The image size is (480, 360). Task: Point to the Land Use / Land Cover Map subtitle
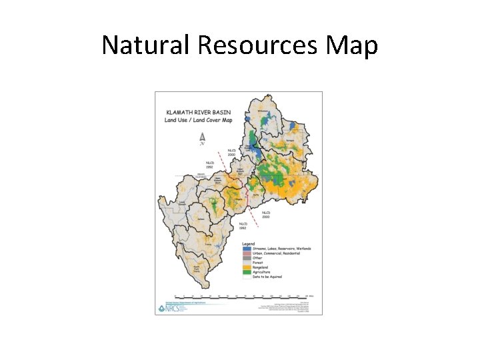pyautogui.click(x=195, y=121)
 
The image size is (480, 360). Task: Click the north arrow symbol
pyautogui.click(x=202, y=138)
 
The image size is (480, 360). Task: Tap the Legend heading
pyautogui.click(x=249, y=244)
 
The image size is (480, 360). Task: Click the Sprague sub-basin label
pyautogui.click(x=290, y=141)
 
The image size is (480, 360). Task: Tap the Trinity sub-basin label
pyautogui.click(x=189, y=245)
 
